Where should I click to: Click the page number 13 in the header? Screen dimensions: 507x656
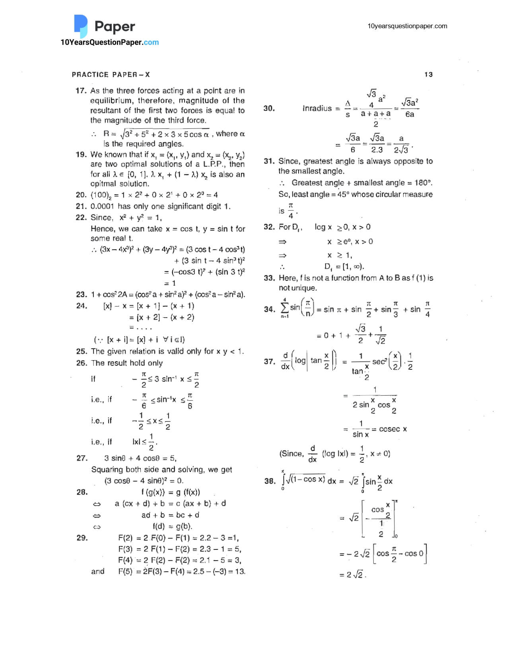pos(428,74)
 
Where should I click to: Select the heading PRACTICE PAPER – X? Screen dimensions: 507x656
pos(111,74)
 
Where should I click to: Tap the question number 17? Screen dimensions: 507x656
pos(81,91)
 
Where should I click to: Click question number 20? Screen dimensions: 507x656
pos(81,195)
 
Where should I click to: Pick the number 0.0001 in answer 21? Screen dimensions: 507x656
pos(102,206)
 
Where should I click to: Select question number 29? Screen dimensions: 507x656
pos(82,538)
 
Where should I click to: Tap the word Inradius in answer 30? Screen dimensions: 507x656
pos(317,108)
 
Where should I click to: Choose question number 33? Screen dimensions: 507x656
pos(269,278)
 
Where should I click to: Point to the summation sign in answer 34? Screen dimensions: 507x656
pos(285,308)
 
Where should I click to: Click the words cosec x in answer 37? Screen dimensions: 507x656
pos(393,429)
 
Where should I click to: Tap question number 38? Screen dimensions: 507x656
pos(270,481)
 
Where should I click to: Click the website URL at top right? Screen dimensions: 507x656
pos(407,26)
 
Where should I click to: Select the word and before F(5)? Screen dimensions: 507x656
pos(98,571)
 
